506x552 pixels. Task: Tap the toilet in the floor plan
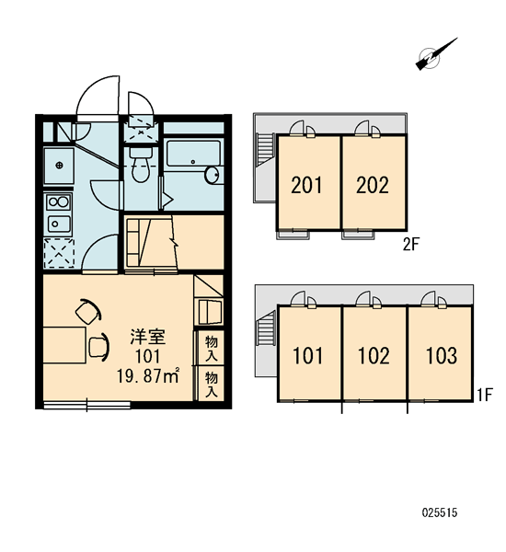(141, 165)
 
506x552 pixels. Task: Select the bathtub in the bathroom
(194, 154)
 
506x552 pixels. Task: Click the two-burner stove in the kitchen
(59, 202)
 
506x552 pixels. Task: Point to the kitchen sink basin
(59, 224)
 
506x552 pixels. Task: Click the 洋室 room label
(148, 337)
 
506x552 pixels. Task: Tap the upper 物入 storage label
(212, 348)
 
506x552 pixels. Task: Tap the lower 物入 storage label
(212, 385)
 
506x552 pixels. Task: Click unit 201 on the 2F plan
(306, 185)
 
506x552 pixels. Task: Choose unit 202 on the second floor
(373, 185)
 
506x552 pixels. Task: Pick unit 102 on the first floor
(374, 355)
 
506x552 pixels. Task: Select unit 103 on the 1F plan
(442, 355)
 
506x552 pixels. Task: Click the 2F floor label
(411, 245)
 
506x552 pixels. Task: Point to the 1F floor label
(484, 396)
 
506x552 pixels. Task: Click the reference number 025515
(440, 512)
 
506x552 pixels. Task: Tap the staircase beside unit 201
(266, 149)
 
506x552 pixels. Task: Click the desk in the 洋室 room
(64, 345)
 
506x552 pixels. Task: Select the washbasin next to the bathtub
(212, 175)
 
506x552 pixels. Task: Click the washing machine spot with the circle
(59, 165)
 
